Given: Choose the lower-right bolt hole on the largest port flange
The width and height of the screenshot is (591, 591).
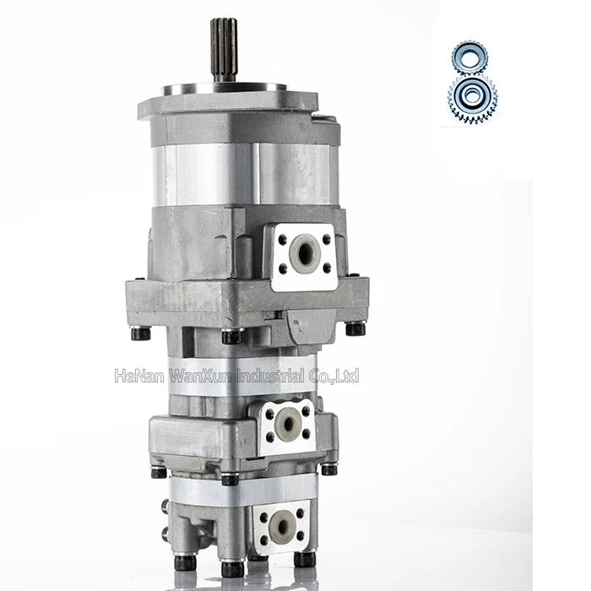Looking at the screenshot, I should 326,268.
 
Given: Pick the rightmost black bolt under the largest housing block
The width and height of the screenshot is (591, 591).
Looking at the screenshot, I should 355,328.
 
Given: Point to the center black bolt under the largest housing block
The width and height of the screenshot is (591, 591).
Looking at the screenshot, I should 231,336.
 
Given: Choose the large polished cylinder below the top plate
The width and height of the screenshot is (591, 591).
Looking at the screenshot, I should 245,173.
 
